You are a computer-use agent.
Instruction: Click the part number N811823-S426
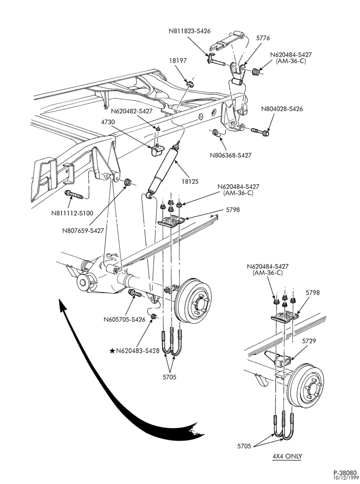point(189,31)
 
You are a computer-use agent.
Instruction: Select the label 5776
point(263,38)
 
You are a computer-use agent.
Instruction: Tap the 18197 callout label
point(178,60)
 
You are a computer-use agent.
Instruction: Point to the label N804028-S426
point(282,109)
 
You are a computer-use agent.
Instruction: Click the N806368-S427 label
point(231,155)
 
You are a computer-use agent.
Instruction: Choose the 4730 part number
point(108,122)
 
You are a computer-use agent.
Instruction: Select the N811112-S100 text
point(72,213)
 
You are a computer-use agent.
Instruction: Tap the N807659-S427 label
point(83,230)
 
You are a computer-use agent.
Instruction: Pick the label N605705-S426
point(124,319)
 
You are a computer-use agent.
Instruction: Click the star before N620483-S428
point(113,350)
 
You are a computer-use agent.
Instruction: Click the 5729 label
point(309,341)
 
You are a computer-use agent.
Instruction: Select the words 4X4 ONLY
point(287,456)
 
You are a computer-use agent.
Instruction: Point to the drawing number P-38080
point(345,472)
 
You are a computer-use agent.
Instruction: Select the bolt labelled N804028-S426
point(260,132)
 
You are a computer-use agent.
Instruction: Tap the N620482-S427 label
point(132,111)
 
